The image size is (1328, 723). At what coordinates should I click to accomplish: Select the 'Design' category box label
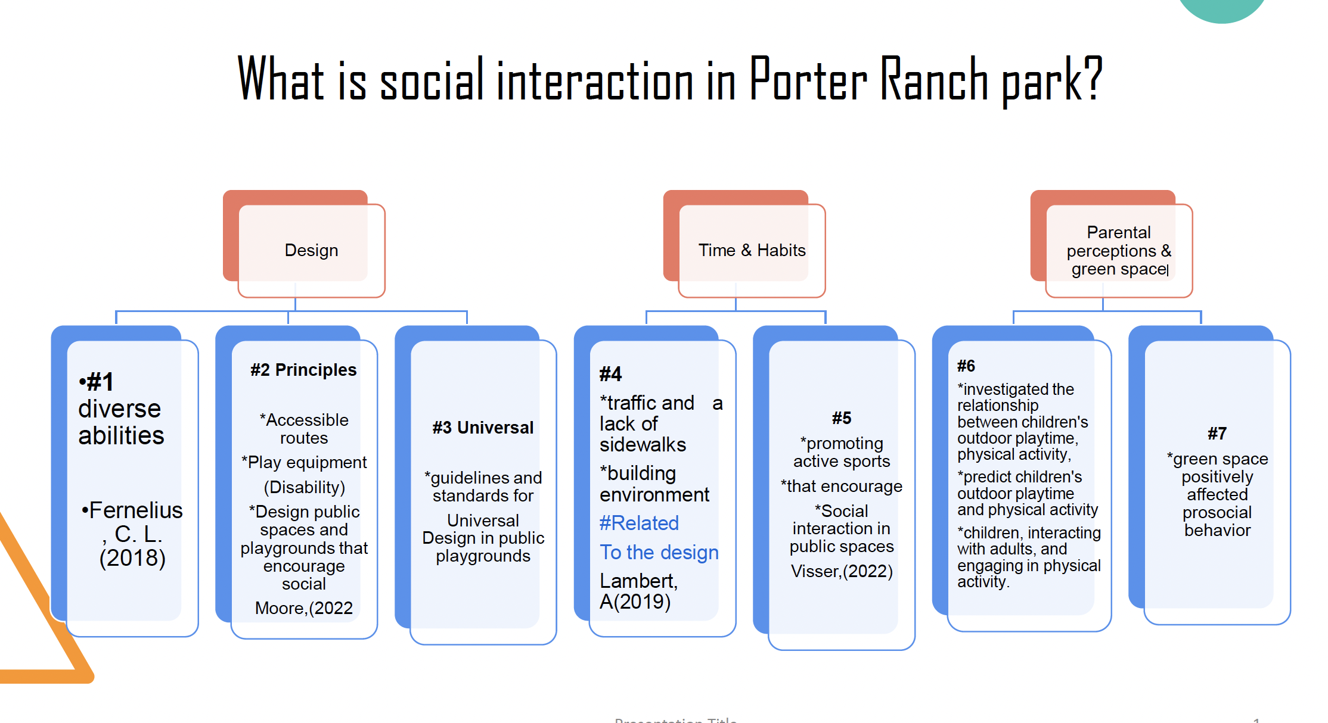click(x=311, y=250)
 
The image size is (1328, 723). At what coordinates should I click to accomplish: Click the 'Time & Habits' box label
click(x=752, y=250)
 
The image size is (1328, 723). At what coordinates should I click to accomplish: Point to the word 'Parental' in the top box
click(x=1119, y=232)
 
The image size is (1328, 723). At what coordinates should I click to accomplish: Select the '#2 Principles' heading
click(x=303, y=370)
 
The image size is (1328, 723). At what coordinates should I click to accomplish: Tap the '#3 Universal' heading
click(x=483, y=428)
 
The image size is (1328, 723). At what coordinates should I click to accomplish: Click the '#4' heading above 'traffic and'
click(x=610, y=374)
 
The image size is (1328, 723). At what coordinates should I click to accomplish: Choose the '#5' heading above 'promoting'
click(x=842, y=418)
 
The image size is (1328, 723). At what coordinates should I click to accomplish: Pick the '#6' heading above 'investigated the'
click(x=966, y=366)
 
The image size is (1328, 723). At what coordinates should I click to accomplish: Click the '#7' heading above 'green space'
click(x=1217, y=434)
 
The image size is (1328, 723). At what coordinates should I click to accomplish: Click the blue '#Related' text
click(x=639, y=523)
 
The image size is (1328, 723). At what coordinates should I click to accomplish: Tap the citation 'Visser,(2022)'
click(x=842, y=571)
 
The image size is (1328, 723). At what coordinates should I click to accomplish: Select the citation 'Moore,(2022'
click(x=303, y=608)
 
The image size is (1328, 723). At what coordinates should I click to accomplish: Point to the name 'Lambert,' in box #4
click(x=638, y=581)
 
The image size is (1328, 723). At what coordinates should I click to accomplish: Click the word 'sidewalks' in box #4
click(x=643, y=444)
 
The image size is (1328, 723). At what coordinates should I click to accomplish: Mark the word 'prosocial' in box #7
click(x=1217, y=512)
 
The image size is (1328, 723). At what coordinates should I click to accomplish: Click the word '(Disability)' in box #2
click(x=304, y=487)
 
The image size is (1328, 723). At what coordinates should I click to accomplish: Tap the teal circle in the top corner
click(x=1222, y=8)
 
